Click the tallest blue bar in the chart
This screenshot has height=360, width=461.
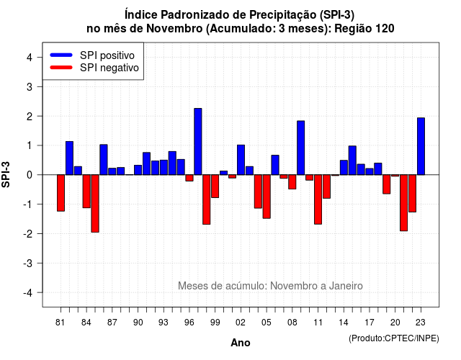198,141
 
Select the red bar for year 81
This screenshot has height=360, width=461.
61,193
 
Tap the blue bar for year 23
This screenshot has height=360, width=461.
421,146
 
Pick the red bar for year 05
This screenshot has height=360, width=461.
267,197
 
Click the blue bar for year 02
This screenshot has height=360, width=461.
241,160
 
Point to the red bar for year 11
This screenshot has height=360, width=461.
318,199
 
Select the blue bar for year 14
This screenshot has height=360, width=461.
344,168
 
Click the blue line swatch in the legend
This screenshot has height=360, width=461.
61,55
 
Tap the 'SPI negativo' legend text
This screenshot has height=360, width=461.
109,68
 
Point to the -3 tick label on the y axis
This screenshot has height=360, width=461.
29,264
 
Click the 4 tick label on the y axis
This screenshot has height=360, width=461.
30,58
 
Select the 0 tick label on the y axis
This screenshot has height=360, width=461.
30,175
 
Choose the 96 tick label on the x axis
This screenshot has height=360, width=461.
189,323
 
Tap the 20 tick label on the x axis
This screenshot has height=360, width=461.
395,323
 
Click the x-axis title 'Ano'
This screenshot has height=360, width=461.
241,343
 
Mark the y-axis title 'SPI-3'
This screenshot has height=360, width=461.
6,175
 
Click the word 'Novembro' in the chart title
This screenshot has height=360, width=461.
174,29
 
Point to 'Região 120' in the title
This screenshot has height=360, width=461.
364,29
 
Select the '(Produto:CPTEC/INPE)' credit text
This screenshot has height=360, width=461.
394,338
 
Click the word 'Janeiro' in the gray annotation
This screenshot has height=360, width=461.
346,286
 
